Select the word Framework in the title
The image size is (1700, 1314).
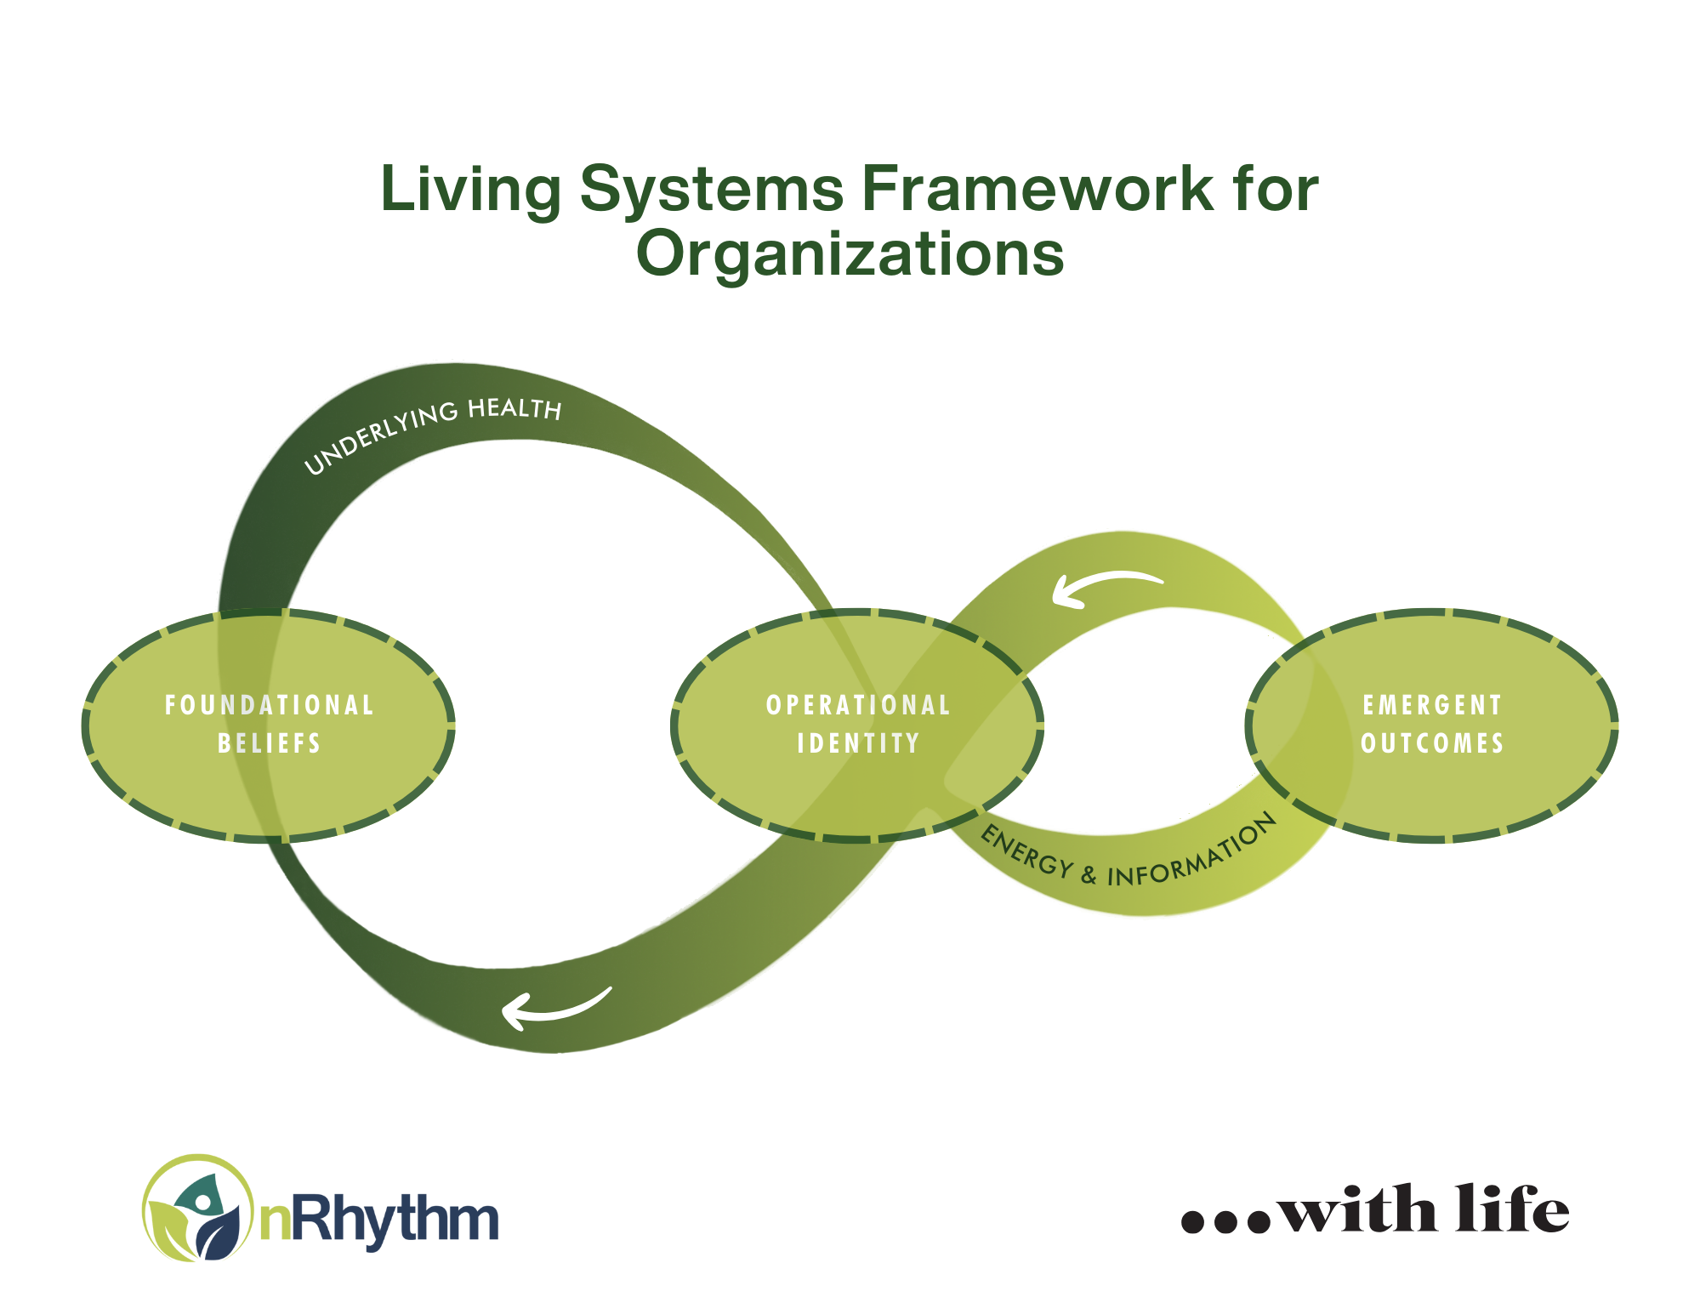tap(1038, 188)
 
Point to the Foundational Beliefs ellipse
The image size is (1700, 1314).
tap(269, 725)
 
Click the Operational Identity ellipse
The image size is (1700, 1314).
tap(857, 725)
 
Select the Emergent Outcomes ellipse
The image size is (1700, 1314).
tap(1432, 725)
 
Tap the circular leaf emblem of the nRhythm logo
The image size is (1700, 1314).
tap(198, 1208)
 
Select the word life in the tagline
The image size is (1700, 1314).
tap(1512, 1208)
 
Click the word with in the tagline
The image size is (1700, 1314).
tap(1357, 1208)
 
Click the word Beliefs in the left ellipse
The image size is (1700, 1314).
tap(270, 744)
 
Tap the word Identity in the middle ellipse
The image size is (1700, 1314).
tap(858, 744)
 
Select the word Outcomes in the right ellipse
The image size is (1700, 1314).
tap(1432, 744)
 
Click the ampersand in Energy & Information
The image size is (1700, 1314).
tap(1089, 873)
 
